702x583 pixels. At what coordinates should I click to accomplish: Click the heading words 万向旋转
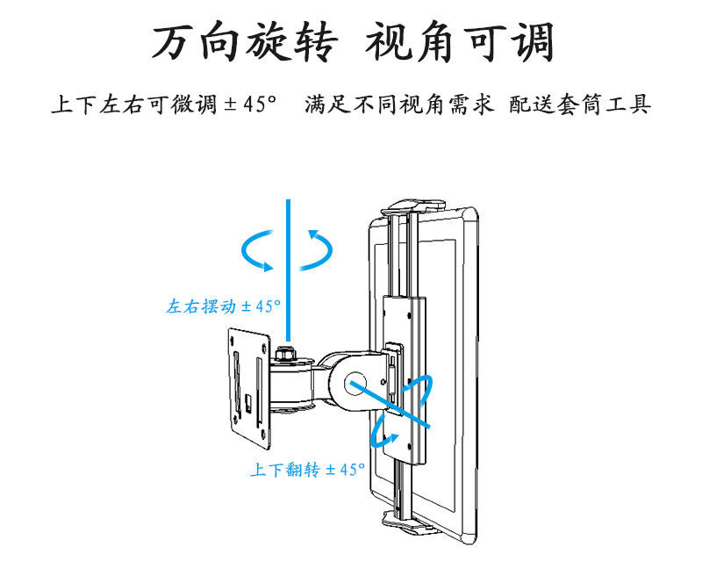click(x=243, y=42)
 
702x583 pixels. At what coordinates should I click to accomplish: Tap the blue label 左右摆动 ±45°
click(x=223, y=306)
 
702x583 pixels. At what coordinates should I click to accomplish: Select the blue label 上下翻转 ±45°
click(x=306, y=470)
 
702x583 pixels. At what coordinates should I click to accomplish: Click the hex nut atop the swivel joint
click(x=286, y=355)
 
